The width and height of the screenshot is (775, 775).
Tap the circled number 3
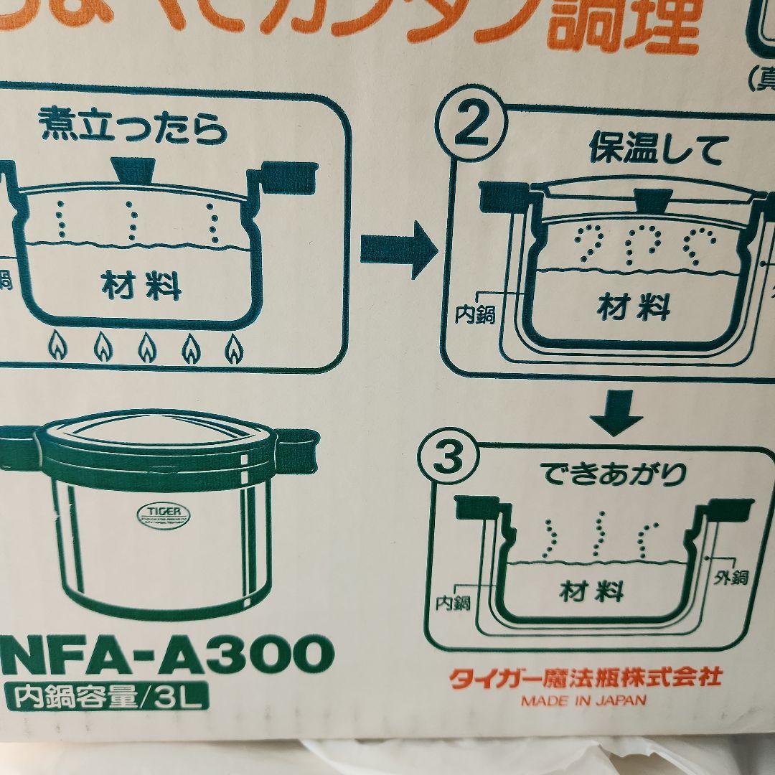coord(449,460)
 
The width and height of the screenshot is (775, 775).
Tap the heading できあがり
coord(615,474)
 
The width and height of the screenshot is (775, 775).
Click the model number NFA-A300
coord(167,654)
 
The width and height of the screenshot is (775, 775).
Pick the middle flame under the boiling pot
coord(147,348)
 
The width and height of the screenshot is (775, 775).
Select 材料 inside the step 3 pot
coord(591,592)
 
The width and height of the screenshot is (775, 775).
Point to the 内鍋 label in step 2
coord(476,314)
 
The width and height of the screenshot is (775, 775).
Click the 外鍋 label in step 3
coord(731,577)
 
